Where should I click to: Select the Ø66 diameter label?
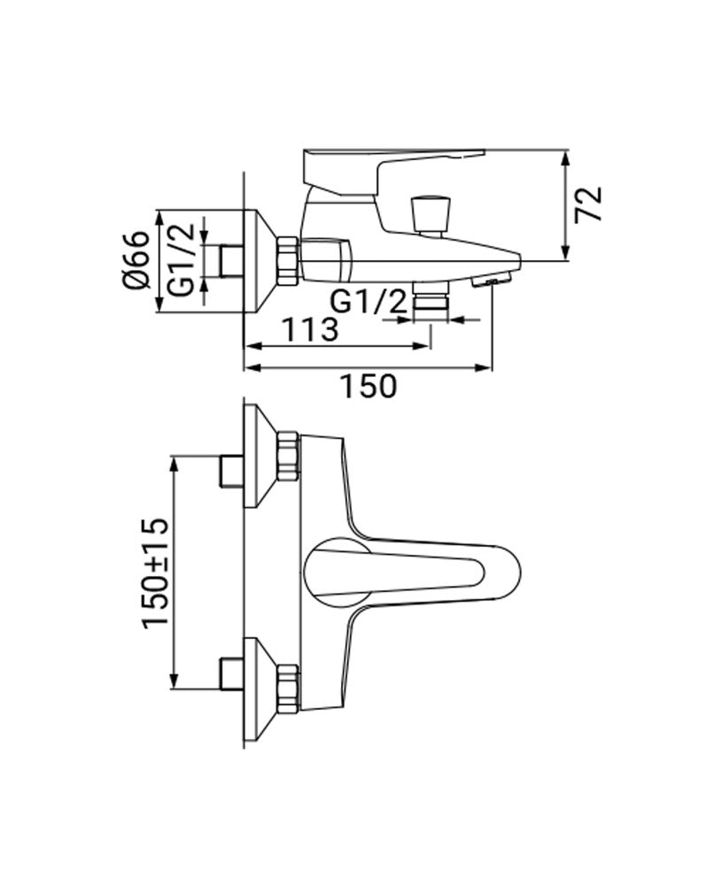coord(135,260)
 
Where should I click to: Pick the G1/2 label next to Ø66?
coord(182,260)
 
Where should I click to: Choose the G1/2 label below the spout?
coord(368,302)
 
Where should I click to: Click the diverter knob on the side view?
coord(432,212)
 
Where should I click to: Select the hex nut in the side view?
coord(288,261)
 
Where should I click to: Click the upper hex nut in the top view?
coord(288,457)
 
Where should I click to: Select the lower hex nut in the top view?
coord(288,689)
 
